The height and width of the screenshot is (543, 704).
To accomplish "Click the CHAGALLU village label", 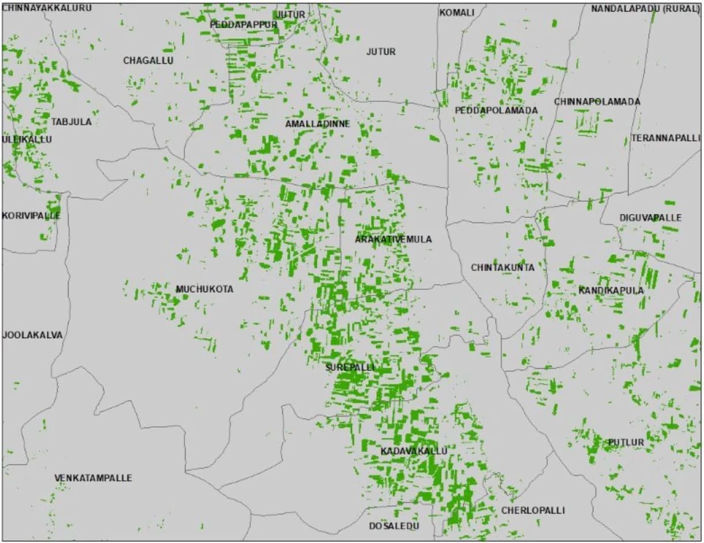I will [148, 60].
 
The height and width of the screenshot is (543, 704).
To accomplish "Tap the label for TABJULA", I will [71, 122].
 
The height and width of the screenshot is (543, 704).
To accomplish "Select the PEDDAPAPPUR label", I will [244, 25].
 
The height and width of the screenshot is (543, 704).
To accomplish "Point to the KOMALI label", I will [457, 13].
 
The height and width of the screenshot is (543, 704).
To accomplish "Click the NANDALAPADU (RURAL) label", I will [645, 9].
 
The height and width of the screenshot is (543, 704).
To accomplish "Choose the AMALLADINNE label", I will [317, 124].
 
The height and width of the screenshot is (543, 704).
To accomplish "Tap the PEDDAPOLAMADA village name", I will [496, 110].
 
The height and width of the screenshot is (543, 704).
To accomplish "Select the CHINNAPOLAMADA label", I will [597, 102].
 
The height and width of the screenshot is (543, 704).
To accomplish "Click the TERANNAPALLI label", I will [665, 138].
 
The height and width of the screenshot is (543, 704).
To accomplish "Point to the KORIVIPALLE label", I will [31, 216].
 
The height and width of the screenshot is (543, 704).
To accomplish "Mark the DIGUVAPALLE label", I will [650, 218].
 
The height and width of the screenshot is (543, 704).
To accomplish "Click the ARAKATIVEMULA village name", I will [393, 239].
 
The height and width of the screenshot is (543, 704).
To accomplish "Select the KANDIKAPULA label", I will [611, 290].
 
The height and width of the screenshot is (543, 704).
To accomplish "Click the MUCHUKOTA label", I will [205, 289].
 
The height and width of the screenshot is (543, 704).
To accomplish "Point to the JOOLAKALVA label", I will [32, 335].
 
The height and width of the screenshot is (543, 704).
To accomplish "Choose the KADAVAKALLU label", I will [414, 451].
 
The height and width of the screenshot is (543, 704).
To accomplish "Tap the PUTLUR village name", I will [626, 442].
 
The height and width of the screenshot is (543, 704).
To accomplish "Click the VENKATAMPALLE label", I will [93, 478].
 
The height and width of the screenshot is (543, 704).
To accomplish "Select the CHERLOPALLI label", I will [533, 510].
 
